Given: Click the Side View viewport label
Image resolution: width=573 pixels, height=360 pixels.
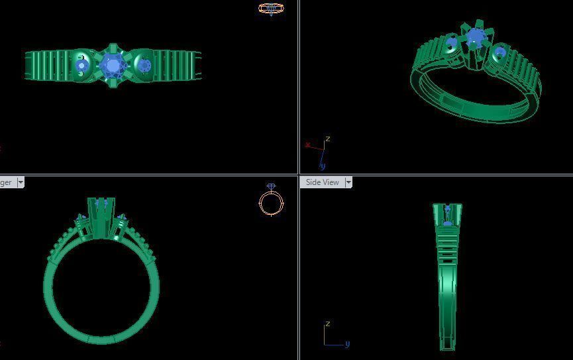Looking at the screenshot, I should (x=322, y=182).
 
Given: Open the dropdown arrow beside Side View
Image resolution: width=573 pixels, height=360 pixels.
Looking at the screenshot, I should (x=348, y=182).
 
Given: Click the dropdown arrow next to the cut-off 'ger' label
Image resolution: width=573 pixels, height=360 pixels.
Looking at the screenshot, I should (x=21, y=182).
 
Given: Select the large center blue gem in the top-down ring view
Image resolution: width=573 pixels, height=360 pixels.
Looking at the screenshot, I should (x=112, y=66).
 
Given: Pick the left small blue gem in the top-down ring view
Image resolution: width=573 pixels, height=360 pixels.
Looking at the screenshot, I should (x=81, y=66).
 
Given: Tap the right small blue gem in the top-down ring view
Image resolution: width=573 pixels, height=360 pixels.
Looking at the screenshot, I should (x=144, y=65).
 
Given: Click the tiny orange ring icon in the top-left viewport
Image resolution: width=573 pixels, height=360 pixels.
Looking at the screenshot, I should (x=270, y=9).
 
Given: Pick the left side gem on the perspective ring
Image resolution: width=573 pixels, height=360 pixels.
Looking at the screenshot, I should (x=452, y=45).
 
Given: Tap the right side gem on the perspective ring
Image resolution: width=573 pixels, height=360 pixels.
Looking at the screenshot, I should (x=498, y=52).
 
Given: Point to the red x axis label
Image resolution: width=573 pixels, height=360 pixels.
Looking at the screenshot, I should (x=308, y=145).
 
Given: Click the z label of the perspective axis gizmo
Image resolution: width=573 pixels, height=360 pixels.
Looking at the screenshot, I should (x=327, y=139).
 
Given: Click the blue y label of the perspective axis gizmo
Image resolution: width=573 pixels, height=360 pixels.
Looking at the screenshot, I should (x=323, y=166).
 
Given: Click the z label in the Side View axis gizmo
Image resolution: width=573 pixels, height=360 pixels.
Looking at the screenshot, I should (x=327, y=324).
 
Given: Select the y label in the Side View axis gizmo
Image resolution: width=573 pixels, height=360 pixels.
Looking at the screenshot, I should (x=347, y=343).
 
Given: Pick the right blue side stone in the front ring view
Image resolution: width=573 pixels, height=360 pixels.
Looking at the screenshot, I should (x=121, y=217).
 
